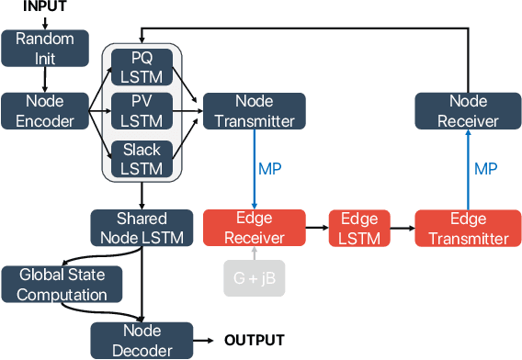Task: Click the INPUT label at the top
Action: coord(44,7)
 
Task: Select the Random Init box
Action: coord(44,49)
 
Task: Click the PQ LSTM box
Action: coord(142,66)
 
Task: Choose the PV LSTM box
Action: coord(142,110)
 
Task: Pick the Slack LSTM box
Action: coord(142,158)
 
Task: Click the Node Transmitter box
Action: coord(249,110)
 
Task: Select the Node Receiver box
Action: coord(469,110)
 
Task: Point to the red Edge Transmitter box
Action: coord(468,228)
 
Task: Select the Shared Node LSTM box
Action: coord(142,228)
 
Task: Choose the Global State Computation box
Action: coord(61,284)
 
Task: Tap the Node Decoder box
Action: coord(142,339)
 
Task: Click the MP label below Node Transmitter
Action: coord(270,168)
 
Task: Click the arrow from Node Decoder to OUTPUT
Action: coord(207,340)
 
